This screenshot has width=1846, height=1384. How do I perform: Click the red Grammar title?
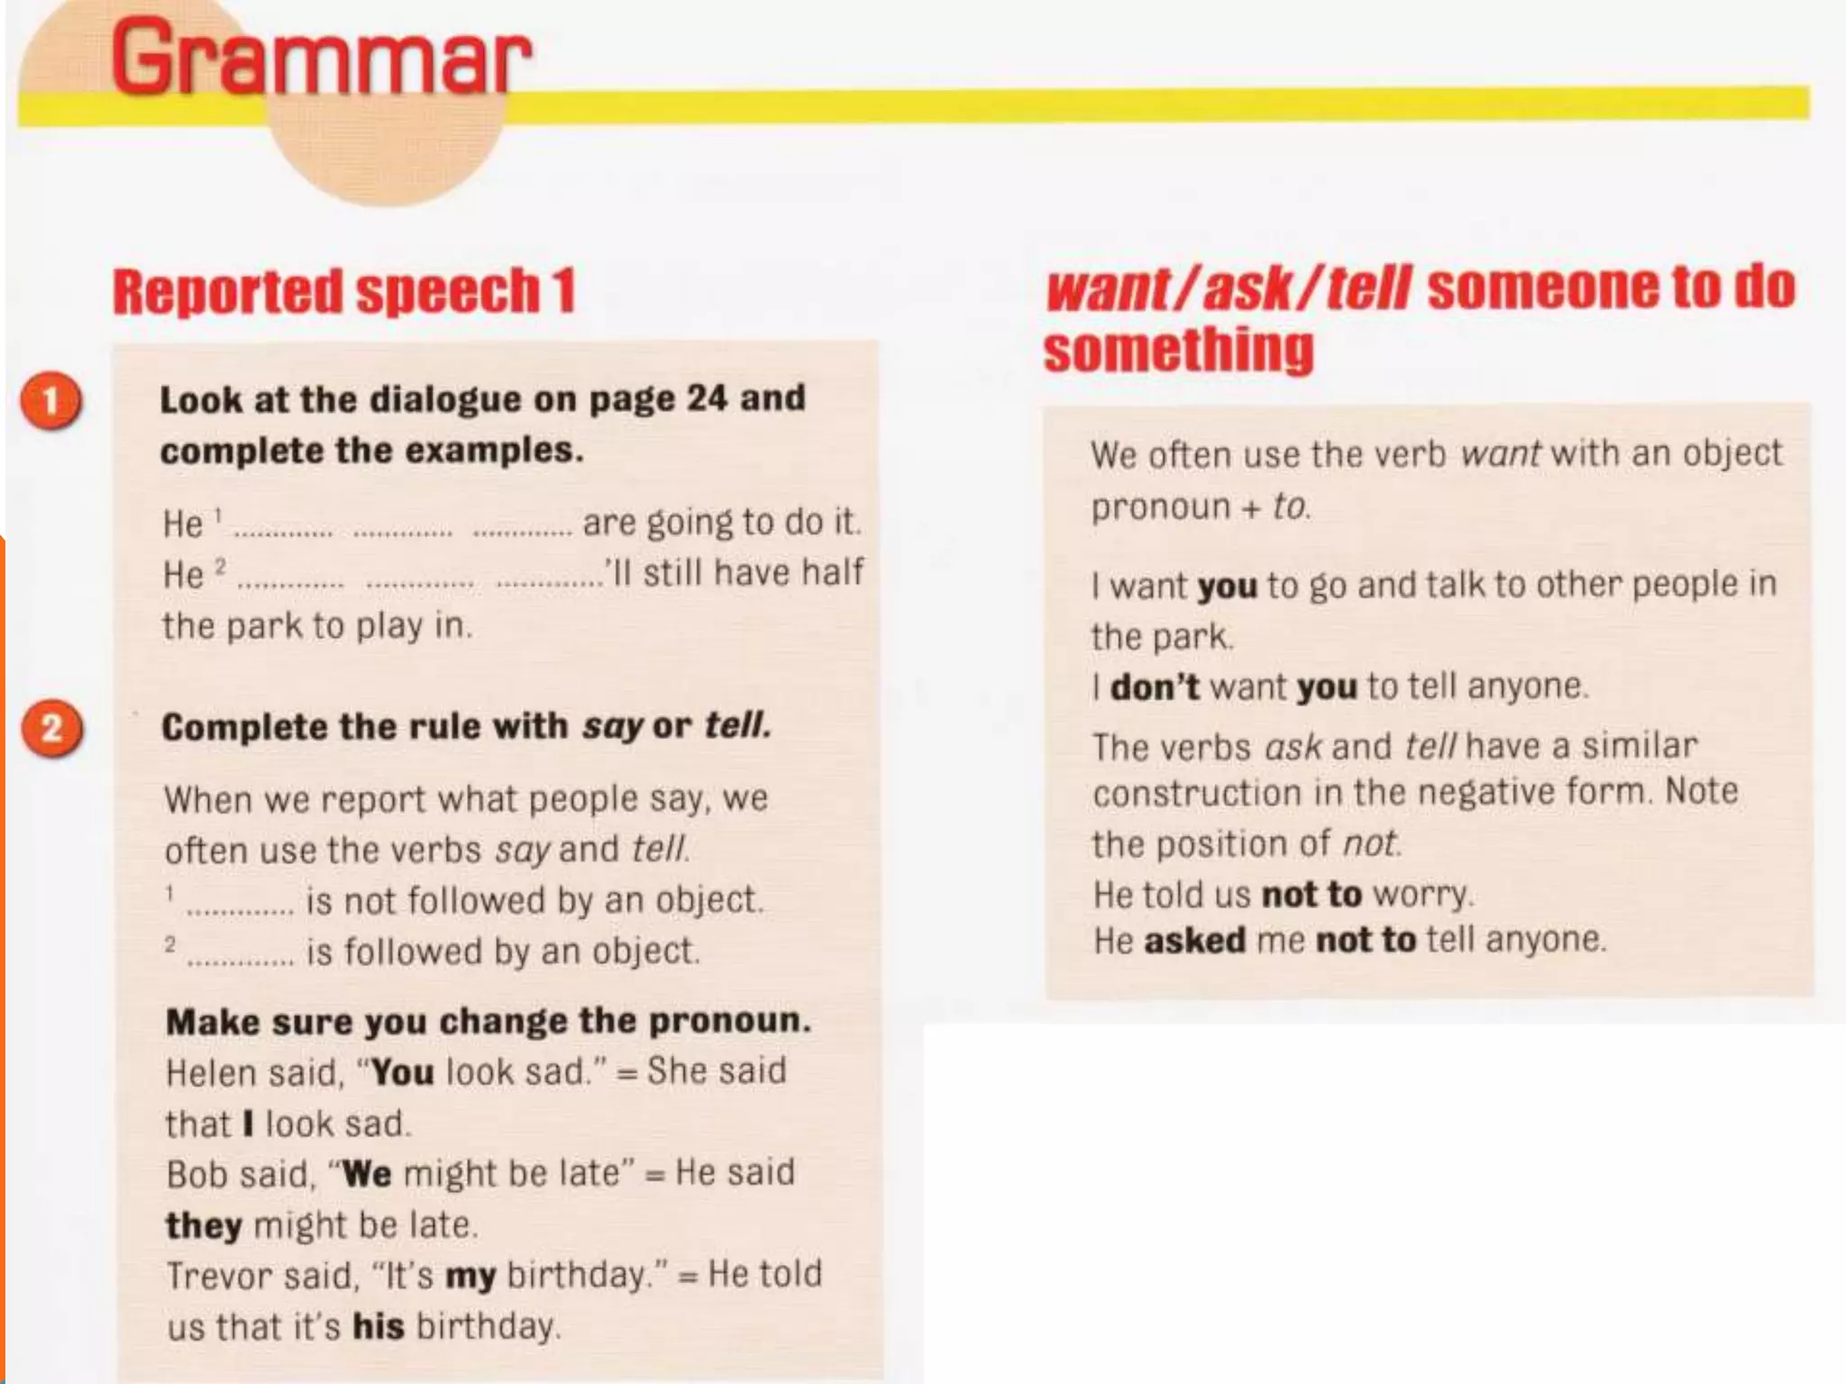tap(320, 59)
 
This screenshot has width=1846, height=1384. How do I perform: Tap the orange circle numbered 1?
tap(51, 401)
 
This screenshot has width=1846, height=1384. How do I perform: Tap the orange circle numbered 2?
tap(51, 728)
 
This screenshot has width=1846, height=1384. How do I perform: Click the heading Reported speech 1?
tap(343, 292)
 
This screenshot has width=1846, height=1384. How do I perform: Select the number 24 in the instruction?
tap(707, 398)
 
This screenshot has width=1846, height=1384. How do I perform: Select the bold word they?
tap(204, 1225)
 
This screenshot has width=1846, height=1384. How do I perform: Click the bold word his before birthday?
tap(378, 1326)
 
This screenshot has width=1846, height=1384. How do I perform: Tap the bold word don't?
tap(1154, 687)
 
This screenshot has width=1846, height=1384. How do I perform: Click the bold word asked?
tap(1194, 941)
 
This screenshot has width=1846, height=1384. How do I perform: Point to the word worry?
tap(1421, 894)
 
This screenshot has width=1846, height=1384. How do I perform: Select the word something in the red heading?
tap(1178, 351)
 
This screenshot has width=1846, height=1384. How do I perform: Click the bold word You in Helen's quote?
tap(402, 1073)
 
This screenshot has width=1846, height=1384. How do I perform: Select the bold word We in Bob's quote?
tap(367, 1174)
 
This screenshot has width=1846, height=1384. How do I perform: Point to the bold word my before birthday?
tap(471, 1276)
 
